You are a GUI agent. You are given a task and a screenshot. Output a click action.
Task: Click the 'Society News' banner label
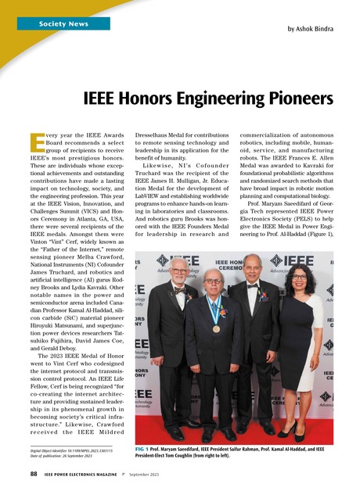[x=64, y=24]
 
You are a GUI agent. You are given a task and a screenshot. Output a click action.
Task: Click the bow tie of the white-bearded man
[x=181, y=289]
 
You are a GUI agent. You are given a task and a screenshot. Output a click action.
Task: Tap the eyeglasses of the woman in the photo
[x=298, y=277]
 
